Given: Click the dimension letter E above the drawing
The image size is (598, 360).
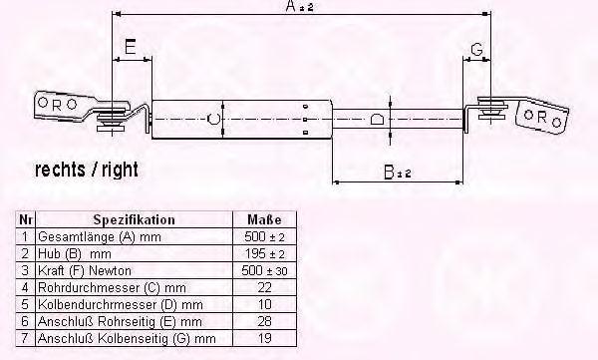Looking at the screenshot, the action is pos(131,47).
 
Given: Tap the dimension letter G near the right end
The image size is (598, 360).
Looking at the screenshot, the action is pos(476,49).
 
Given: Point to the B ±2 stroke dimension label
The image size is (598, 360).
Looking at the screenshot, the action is pos(398,173).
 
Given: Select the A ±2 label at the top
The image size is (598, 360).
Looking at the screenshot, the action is pos(299,6).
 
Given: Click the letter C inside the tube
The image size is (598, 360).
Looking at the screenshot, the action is pos(213,119).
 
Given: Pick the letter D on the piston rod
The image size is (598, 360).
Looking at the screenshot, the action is pos(377,119).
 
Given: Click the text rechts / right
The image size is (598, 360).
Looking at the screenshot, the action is pos(87,170).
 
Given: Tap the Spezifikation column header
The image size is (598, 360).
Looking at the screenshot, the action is pos(135,219).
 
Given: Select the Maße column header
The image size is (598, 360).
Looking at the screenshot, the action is pos(264,219).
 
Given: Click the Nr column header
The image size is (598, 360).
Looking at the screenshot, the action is pos(26,219).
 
